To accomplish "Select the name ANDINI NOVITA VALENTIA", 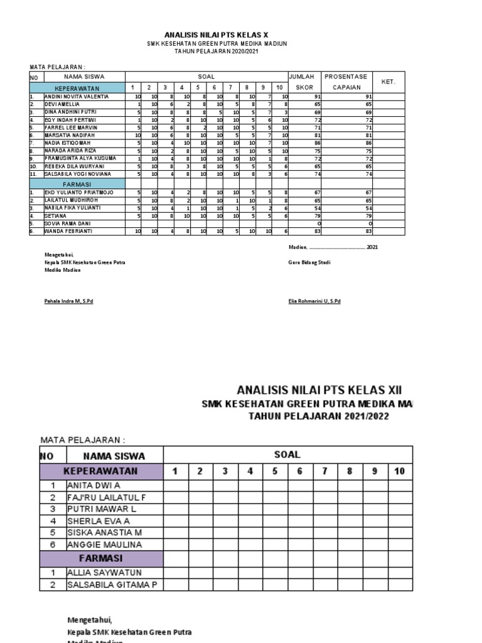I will tap(77, 97).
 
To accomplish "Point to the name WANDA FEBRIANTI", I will tap(68, 232).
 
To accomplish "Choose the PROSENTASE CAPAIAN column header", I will tap(346, 82).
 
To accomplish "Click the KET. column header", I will tap(388, 82).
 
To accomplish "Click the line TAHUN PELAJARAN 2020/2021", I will tap(216, 51).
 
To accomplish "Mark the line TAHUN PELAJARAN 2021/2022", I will tap(318, 416).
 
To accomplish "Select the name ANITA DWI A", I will tap(94, 485).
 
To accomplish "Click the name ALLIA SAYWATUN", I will tap(104, 573).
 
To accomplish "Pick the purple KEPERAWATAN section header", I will tap(101, 471).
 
